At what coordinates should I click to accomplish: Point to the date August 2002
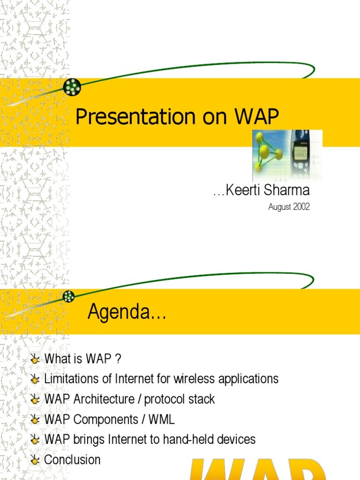289,207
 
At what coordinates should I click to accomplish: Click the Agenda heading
127,312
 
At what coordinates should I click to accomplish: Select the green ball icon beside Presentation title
72,87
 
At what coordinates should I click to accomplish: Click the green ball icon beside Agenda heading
69,296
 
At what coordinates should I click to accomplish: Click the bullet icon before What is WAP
35,360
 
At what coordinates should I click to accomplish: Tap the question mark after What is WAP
118,359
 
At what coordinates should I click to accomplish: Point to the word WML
162,420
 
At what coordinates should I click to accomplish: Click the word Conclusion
72,460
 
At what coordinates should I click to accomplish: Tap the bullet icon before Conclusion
35,460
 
